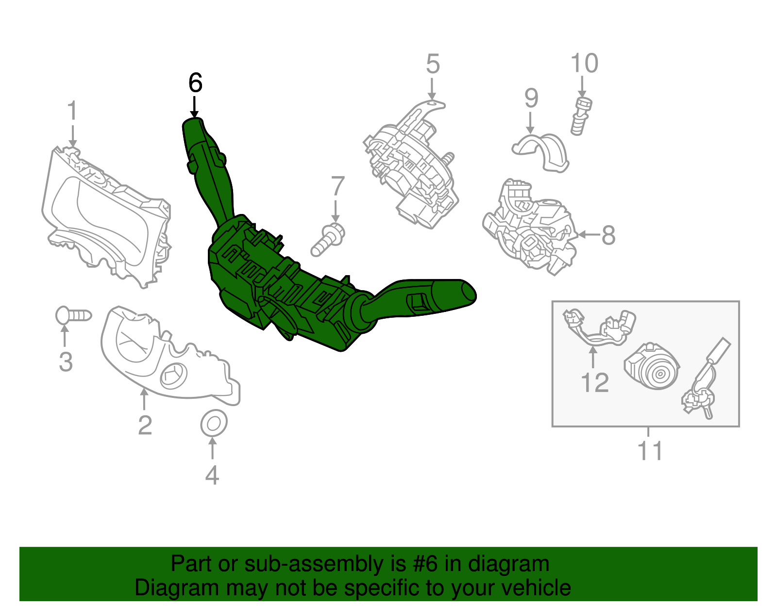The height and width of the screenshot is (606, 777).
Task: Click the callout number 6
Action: [195, 83]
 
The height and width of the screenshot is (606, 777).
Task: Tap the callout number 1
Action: [72, 111]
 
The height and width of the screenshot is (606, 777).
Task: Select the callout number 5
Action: [433, 64]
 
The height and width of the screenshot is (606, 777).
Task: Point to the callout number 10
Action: [584, 64]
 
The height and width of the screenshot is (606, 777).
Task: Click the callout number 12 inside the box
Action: [595, 383]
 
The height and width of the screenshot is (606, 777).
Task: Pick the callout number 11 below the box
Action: [650, 451]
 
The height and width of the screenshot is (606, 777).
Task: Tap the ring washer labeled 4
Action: [214, 424]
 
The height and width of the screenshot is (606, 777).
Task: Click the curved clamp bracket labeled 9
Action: [541, 150]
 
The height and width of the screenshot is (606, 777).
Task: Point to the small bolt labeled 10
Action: [581, 115]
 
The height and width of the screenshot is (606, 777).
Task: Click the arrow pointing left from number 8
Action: [588, 235]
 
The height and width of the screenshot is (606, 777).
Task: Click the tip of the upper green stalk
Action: [192, 124]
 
